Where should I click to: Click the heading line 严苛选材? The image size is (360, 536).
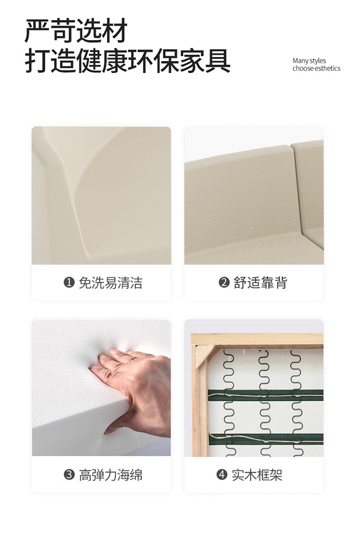point(76,31)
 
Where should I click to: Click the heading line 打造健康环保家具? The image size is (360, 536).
point(127,61)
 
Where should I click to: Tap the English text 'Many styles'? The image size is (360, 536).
point(309,61)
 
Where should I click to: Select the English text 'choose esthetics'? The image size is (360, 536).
point(316,68)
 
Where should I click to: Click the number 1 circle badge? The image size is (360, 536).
point(69,282)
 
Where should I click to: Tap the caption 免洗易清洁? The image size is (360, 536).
point(110,283)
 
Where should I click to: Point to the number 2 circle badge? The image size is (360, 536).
point(224,282)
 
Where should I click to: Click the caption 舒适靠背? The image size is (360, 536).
point(260,283)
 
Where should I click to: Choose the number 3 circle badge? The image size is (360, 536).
point(69,475)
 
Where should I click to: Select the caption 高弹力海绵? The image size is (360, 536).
point(110,475)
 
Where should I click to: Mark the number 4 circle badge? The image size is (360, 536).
point(222,475)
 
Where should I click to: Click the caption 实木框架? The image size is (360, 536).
point(257,475)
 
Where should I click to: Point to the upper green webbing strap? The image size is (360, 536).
point(266,395)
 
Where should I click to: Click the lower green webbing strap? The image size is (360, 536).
point(266,439)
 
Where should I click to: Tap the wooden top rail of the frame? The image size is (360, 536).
point(257,339)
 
